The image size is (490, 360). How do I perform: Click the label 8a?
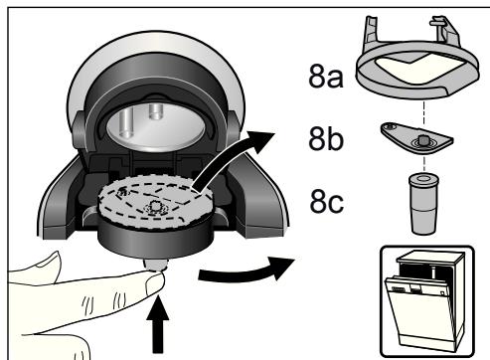tap(326, 77)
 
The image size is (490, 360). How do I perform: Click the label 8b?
tap(326, 139)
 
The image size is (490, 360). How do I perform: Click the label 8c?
tap(327, 201)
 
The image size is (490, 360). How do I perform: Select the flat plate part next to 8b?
tap(416, 138)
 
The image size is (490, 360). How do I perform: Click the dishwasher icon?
tap(427, 301)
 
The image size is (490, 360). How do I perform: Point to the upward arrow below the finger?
tap(158, 325)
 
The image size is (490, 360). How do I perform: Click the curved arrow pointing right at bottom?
tap(246, 270)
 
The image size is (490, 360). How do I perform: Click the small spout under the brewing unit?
tap(155, 265)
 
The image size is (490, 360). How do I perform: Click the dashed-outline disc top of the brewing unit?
tap(156, 201)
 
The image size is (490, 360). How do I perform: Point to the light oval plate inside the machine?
tap(156, 126)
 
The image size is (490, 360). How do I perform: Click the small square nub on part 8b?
tap(422, 139)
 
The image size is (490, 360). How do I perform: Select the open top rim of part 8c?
tap(423, 179)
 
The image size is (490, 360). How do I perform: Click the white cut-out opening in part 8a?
tap(418, 67)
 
